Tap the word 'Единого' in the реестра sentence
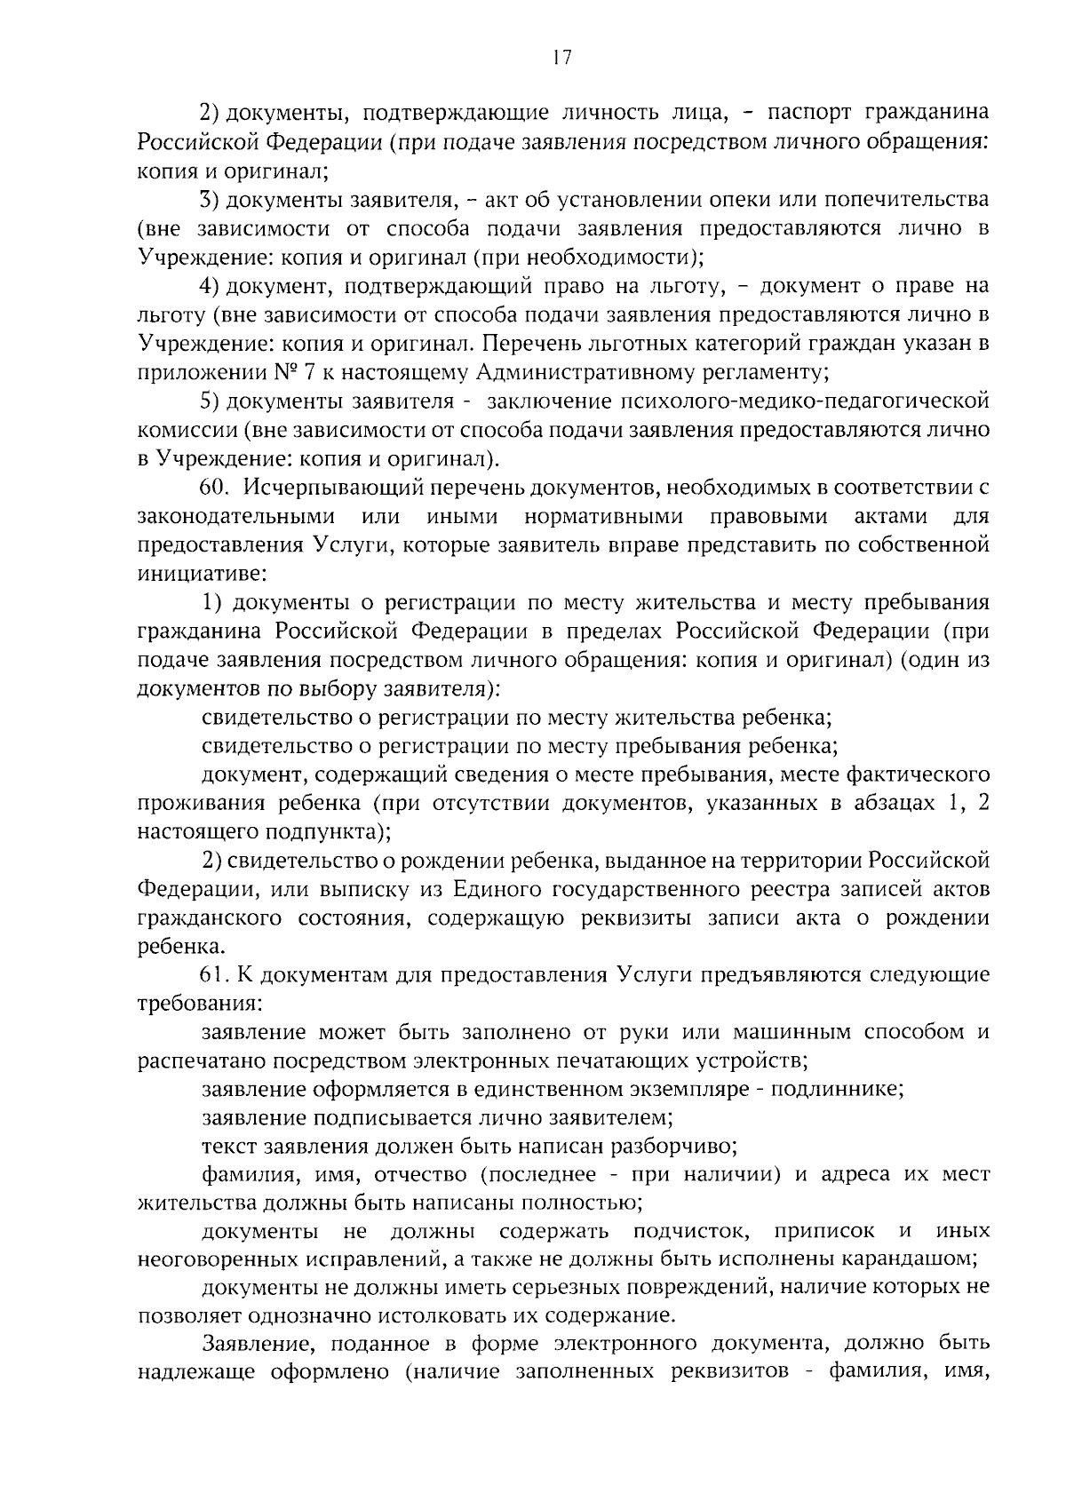[491, 890]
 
